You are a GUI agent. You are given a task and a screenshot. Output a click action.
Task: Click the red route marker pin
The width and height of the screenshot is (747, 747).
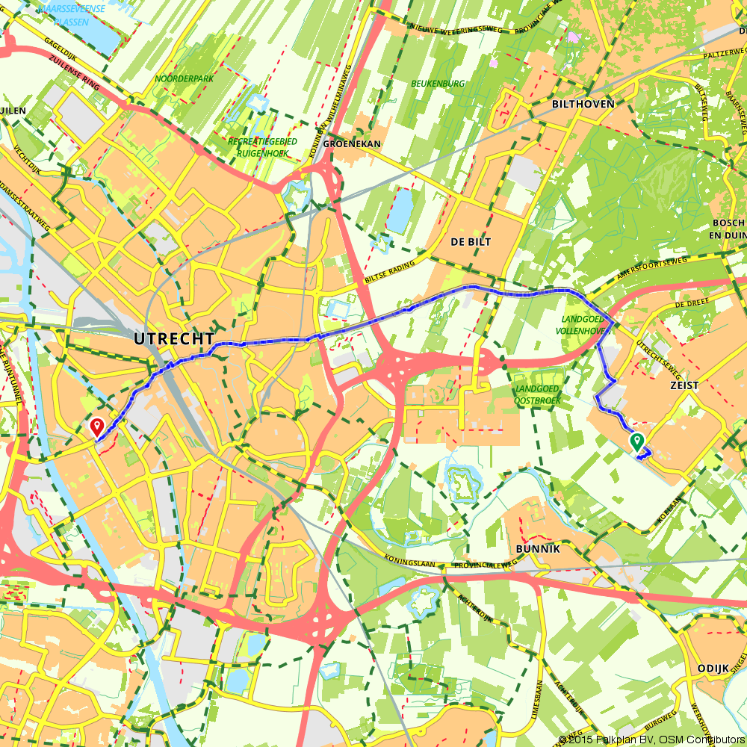[97, 427]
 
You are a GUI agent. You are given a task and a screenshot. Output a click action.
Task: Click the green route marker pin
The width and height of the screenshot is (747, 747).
[637, 441]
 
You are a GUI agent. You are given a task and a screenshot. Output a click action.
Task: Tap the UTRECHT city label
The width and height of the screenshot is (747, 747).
[174, 338]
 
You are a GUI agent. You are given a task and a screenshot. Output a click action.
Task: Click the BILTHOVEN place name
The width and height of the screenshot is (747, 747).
[583, 104]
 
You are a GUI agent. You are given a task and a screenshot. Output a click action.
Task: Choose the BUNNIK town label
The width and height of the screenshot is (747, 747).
[538, 548]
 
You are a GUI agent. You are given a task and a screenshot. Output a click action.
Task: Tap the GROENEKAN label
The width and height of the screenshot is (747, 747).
[353, 143]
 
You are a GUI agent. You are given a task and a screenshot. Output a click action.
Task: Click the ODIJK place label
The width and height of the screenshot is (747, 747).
[712, 668]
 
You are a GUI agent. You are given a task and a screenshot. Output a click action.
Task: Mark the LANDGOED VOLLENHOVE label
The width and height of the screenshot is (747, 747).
[586, 323]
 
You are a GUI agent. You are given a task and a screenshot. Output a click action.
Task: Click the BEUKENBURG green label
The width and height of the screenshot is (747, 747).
[438, 84]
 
